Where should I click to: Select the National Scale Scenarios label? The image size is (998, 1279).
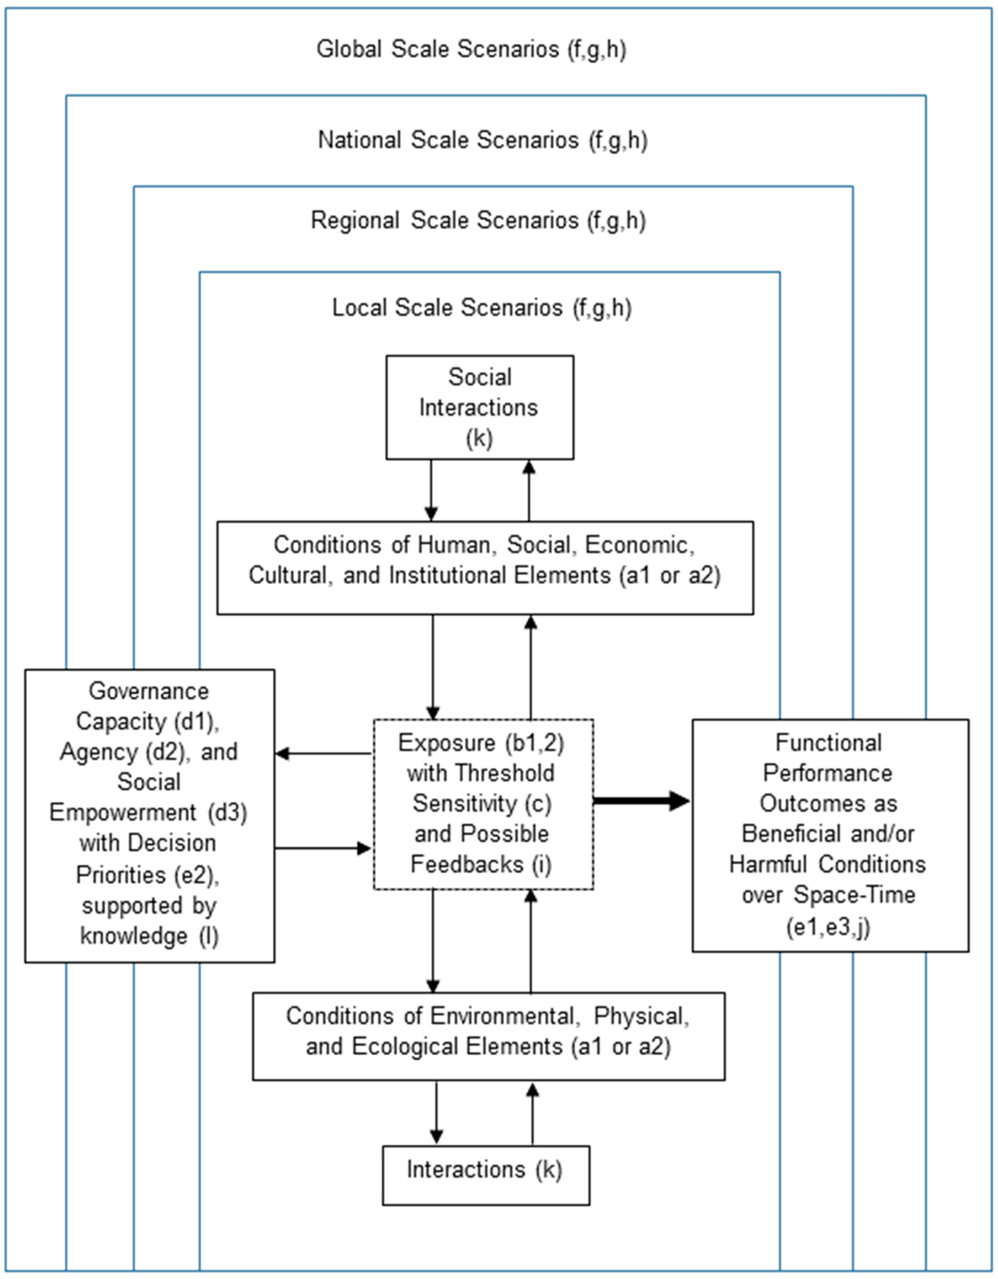[483, 140]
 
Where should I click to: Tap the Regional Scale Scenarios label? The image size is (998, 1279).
[478, 221]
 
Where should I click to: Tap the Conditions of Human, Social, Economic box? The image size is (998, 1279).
[485, 567]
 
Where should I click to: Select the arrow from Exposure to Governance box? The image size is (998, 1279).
[324, 753]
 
